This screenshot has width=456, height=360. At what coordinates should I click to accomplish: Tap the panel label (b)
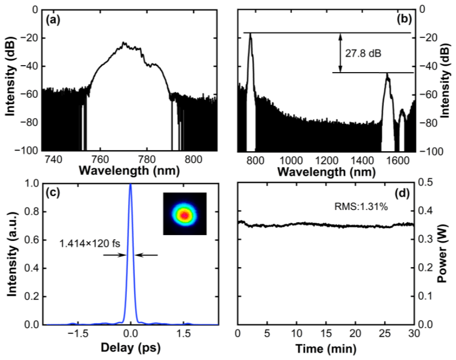click(x=404, y=20)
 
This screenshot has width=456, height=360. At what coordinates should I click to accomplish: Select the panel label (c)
click(x=53, y=193)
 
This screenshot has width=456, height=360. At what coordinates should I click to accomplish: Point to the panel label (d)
click(x=403, y=193)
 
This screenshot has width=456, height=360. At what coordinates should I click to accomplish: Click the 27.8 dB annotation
click(x=363, y=53)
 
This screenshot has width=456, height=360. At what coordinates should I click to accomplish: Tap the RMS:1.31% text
click(x=361, y=207)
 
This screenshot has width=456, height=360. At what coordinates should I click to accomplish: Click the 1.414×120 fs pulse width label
click(x=89, y=243)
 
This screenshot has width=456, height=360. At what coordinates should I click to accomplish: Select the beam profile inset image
click(x=185, y=213)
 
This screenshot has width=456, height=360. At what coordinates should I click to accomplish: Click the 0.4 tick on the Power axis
click(x=425, y=210)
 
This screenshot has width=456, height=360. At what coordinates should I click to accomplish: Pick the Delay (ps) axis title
click(x=130, y=348)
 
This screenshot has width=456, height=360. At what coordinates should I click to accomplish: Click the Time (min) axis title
click(x=326, y=348)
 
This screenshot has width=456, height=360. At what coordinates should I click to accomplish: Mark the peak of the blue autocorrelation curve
click(x=130, y=184)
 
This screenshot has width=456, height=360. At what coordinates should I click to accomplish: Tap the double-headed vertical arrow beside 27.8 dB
click(x=341, y=53)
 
